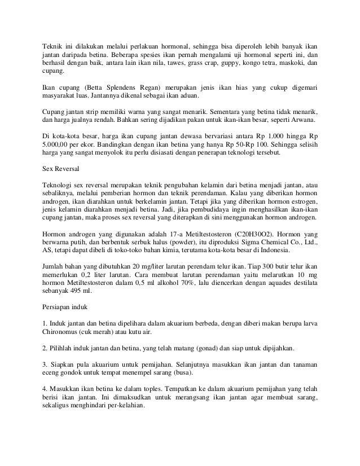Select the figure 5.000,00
(58, 145)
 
